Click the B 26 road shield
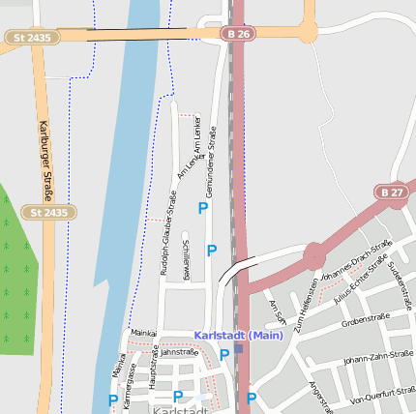[241, 34]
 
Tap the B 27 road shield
[393, 192]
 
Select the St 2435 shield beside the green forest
[48, 212]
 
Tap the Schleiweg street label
[186, 261]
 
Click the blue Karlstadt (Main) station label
[238, 336]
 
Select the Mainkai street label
[143, 332]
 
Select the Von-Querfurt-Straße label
[382, 395]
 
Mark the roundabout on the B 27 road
[314, 256]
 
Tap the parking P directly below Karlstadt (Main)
[224, 355]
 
